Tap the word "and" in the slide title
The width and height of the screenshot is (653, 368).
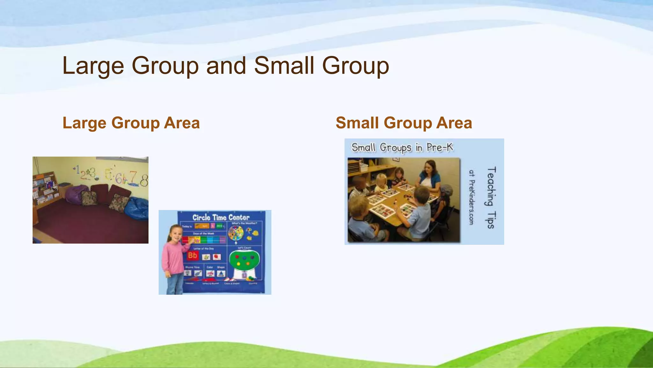tap(226, 66)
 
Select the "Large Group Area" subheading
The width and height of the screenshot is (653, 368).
tap(131, 123)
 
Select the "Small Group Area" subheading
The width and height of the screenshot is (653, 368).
tap(404, 123)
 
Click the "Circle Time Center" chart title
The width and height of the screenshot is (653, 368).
tap(221, 218)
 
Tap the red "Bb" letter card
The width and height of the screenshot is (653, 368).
tap(192, 255)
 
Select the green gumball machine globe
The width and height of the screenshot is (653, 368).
tap(245, 260)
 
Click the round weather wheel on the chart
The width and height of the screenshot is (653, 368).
tap(236, 233)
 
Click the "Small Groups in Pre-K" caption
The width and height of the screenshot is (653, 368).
tap(402, 148)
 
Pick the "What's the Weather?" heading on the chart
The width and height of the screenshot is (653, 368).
tap(244, 223)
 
